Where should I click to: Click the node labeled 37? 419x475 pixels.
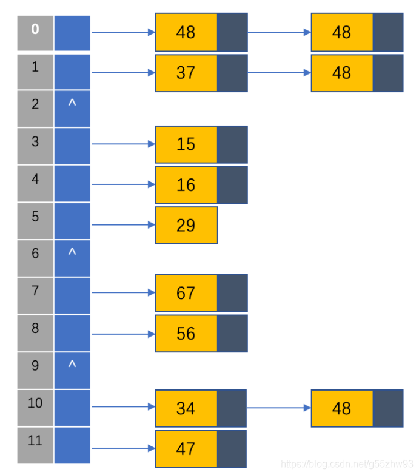(x=201, y=73)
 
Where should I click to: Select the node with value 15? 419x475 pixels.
(x=201, y=144)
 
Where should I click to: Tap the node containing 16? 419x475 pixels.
(x=201, y=185)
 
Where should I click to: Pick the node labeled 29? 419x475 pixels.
(x=187, y=226)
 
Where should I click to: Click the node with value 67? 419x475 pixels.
(x=201, y=293)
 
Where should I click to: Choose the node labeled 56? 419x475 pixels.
(x=201, y=334)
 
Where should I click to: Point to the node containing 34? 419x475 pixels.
(x=201, y=408)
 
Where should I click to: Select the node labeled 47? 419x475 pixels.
(x=201, y=449)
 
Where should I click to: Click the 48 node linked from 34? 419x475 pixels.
(x=357, y=408)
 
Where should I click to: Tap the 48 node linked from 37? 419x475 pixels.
(x=357, y=73)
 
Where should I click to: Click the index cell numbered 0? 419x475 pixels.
(x=35, y=33)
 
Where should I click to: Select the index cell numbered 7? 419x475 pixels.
(x=35, y=295)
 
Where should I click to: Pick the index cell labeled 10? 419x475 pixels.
(x=35, y=408)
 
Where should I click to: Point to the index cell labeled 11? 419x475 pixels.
(x=35, y=445)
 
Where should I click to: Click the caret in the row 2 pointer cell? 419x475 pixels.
(x=72, y=103)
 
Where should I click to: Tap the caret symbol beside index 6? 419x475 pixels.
(x=72, y=251)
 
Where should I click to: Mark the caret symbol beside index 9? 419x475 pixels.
(x=72, y=364)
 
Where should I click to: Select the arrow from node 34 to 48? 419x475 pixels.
(x=279, y=408)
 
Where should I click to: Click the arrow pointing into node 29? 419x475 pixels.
(x=124, y=225)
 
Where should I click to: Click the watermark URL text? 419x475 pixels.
(x=347, y=464)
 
